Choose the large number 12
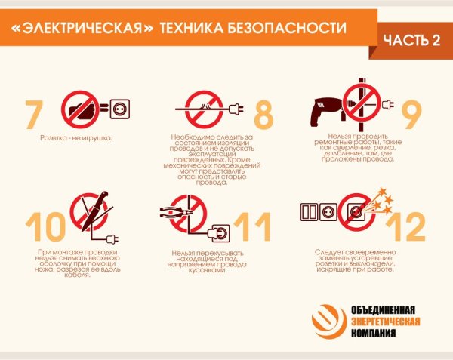(411, 227)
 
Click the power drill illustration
(325, 114)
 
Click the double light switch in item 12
(316, 211)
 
